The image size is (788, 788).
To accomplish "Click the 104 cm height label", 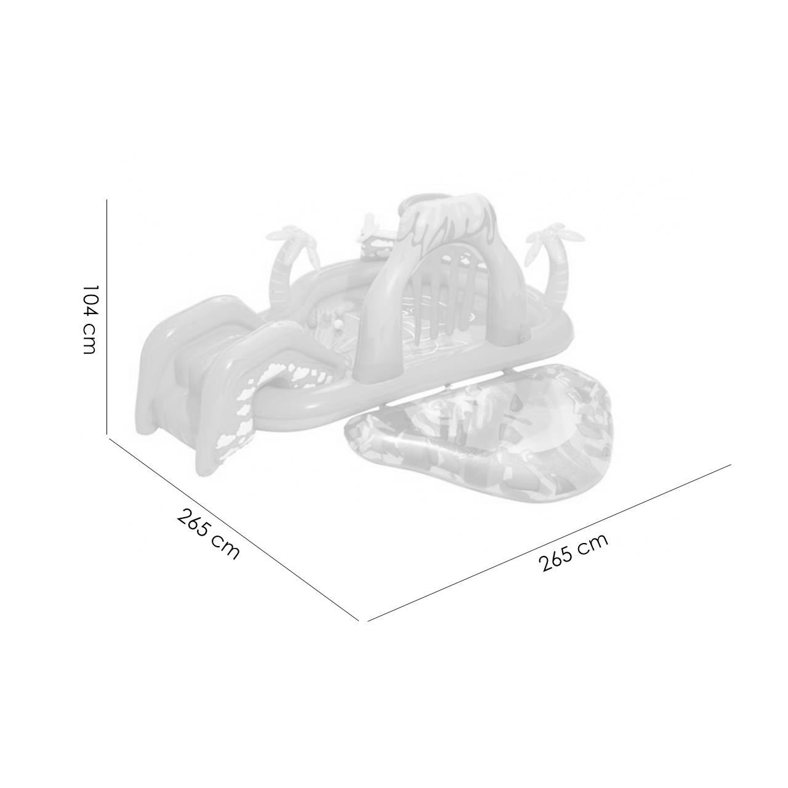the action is click(90, 320).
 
